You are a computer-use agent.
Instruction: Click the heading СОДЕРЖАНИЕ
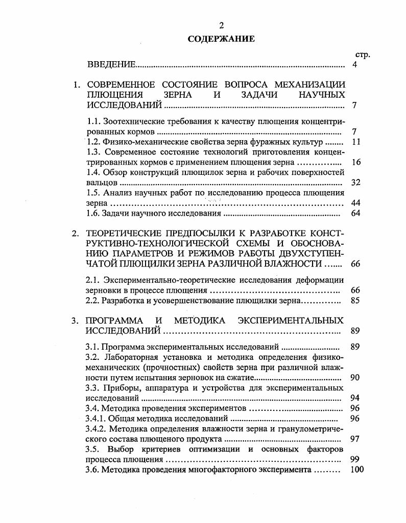point(221,38)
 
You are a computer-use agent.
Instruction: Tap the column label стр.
point(362,55)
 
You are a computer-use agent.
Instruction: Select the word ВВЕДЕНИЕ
point(111,64)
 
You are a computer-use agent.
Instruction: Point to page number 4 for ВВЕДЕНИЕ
point(354,64)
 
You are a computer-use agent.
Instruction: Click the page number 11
point(356,142)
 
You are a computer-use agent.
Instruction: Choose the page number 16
point(356,162)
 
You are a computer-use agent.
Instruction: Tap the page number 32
point(356,182)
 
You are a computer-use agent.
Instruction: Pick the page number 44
point(356,202)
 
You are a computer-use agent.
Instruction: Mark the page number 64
point(356,213)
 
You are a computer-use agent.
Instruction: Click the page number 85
point(356,301)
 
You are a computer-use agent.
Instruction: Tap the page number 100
point(358,469)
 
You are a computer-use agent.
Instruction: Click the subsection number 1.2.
point(93,142)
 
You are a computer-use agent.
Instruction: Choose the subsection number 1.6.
point(92,213)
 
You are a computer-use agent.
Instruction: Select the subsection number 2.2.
point(92,301)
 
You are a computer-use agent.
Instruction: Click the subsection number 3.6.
point(92,469)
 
